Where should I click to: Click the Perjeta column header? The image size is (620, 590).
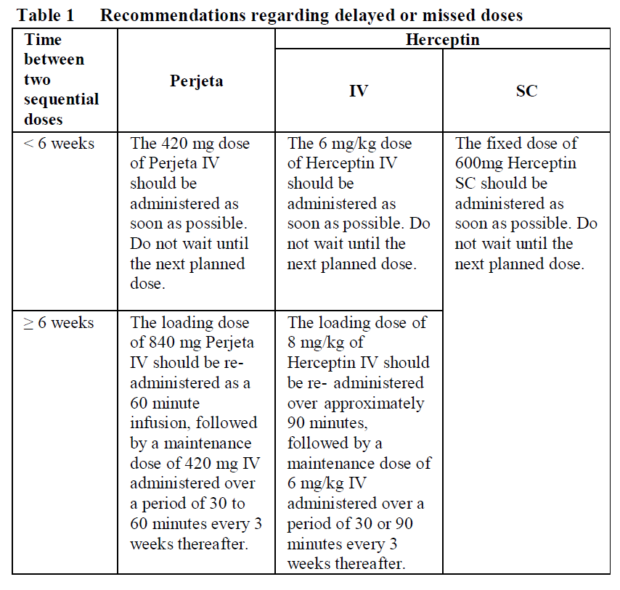[196, 81]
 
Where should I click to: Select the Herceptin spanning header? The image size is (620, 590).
[442, 39]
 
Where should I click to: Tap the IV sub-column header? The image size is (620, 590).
[359, 91]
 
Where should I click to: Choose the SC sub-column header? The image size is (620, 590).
[526, 91]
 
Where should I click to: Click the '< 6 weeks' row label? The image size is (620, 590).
[59, 144]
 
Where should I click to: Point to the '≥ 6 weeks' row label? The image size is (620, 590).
[59, 322]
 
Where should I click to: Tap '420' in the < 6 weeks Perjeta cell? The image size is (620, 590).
[172, 144]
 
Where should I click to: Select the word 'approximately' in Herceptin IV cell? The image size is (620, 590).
[375, 403]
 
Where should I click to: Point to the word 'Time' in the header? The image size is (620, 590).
[43, 40]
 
